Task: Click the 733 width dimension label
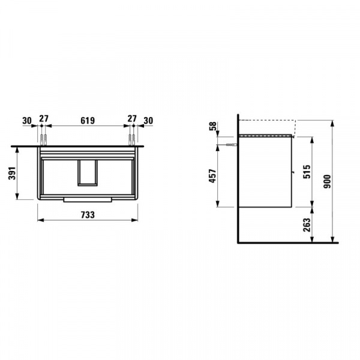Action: tap(88, 215)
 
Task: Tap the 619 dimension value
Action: tap(88, 121)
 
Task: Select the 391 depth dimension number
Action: tap(13, 173)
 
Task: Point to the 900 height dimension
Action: tap(327, 182)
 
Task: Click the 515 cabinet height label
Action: tap(307, 172)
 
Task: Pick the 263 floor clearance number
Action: tap(307, 225)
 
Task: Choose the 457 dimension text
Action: tap(213, 176)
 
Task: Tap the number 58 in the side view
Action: tap(213, 126)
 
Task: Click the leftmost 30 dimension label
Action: tap(27, 121)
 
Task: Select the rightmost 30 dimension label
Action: tap(148, 121)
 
